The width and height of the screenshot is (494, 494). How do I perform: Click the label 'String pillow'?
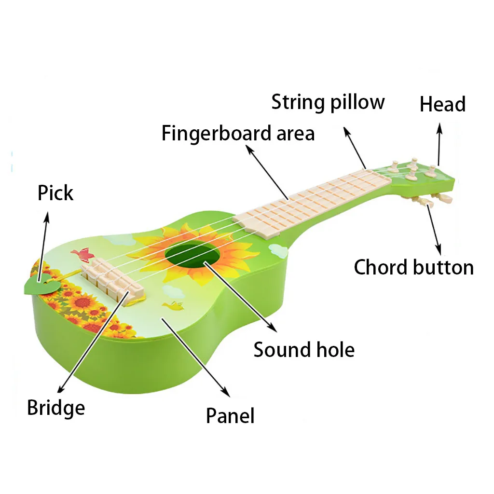[x=328, y=102]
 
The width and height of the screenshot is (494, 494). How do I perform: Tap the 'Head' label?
[x=443, y=104]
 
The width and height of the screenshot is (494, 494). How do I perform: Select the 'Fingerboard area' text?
[x=238, y=133]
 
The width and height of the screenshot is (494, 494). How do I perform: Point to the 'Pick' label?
[x=55, y=192]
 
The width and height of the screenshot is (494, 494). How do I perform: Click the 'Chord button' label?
[x=413, y=267]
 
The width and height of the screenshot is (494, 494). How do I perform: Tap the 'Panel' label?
[x=230, y=415]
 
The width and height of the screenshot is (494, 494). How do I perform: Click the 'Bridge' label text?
[x=56, y=408]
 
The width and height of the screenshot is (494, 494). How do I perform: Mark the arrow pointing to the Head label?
[x=439, y=144]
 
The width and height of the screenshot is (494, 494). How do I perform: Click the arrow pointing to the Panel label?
[x=196, y=357]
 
